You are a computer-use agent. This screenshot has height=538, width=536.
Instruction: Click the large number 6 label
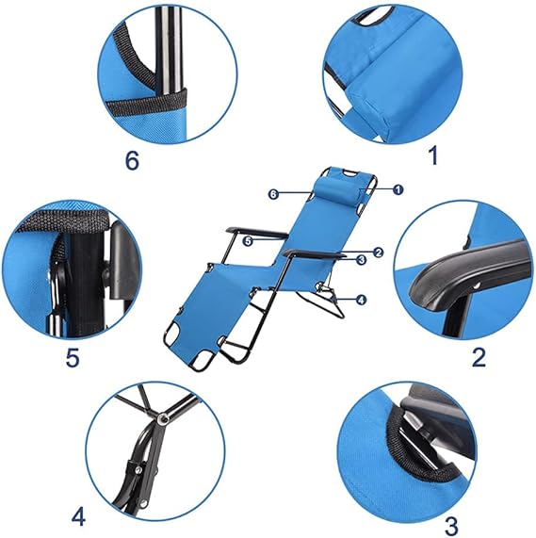pyautogui.click(x=133, y=160)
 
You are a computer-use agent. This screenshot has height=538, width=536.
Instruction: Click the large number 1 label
pyautogui.click(x=434, y=155)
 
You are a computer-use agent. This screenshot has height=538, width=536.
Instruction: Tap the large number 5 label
pyautogui.click(x=73, y=358)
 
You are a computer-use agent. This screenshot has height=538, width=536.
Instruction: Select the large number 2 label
pyautogui.click(x=479, y=357)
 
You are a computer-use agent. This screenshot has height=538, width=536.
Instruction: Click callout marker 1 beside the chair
pyautogui.click(x=398, y=189)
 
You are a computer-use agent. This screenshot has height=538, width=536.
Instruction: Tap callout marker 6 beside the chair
pyautogui.click(x=273, y=194)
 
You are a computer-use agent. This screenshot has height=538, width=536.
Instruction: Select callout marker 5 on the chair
pyautogui.click(x=248, y=241)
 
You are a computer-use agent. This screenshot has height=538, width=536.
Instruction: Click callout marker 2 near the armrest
pyautogui.click(x=378, y=253)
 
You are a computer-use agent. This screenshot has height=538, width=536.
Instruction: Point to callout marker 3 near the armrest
pyautogui.click(x=362, y=260)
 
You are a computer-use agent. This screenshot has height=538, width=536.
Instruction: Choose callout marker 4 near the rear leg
pyautogui.click(x=361, y=300)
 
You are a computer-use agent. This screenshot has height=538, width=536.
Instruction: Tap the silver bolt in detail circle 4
pyautogui.click(x=161, y=418)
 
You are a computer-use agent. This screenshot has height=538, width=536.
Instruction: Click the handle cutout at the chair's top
pyautogui.click(x=349, y=173)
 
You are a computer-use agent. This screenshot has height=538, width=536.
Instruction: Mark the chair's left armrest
pyautogui.click(x=257, y=232)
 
